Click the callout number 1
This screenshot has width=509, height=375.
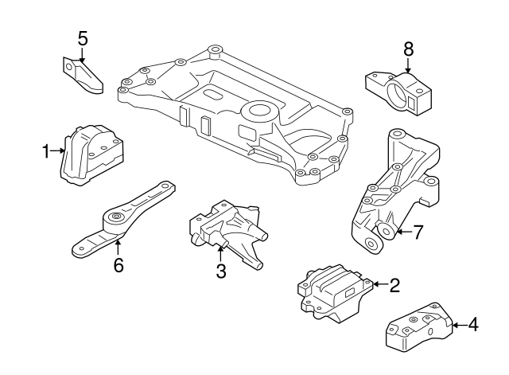click(46, 149)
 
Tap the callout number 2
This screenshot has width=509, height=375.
click(394, 284)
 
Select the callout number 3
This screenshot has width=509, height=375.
click(221, 271)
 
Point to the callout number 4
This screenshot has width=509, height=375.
click(473, 325)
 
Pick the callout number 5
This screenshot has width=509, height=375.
click(83, 37)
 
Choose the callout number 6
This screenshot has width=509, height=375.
click(119, 264)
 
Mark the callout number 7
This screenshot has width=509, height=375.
click(419, 232)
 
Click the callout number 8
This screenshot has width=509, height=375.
click(408, 49)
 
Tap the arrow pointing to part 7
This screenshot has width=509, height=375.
click(403, 232)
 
